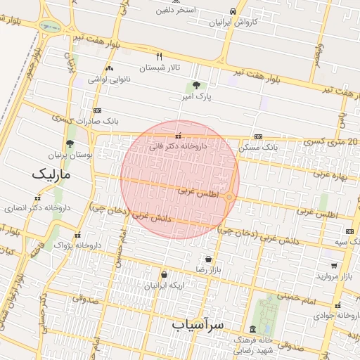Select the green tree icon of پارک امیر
196,84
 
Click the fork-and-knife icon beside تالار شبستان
160,57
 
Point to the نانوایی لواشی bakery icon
108,69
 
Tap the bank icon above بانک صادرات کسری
96,110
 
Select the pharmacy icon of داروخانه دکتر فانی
178,136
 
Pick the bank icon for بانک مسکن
259,136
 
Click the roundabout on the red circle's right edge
229,197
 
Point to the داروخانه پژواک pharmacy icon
77,236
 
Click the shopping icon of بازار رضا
207,259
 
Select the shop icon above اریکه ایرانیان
164,275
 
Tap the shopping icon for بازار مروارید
333,266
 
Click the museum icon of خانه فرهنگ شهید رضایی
252,330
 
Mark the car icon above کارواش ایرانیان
233,11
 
